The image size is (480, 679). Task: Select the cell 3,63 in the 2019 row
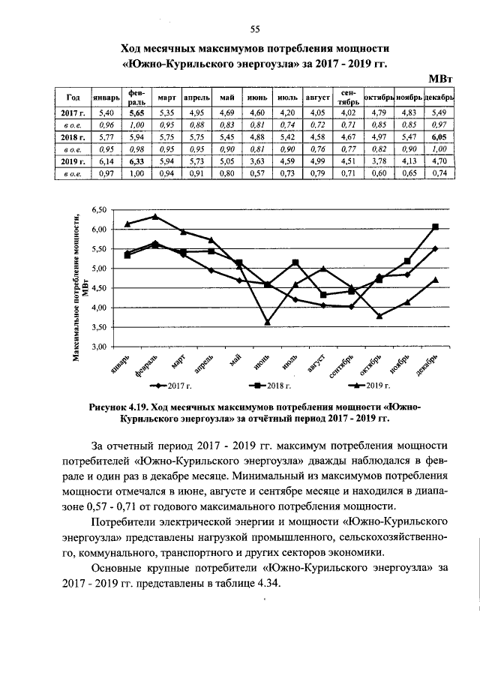click(256, 161)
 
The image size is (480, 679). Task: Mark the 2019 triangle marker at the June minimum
click(267, 322)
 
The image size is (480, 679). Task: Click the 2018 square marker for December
click(436, 227)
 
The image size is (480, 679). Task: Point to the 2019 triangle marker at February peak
click(155, 216)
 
